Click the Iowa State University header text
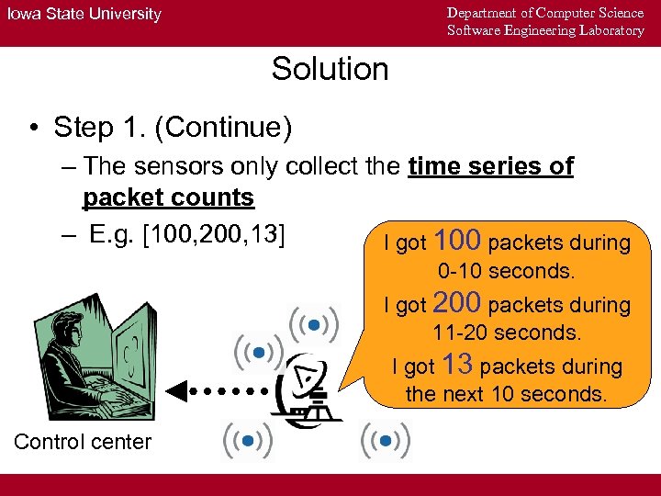(x=84, y=14)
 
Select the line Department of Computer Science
(x=545, y=12)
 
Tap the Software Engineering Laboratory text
(x=545, y=30)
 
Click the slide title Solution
(x=330, y=69)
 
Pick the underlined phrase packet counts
(x=168, y=198)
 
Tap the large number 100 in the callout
(x=457, y=241)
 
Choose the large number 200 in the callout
(x=457, y=302)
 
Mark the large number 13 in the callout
(x=457, y=365)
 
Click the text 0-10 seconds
(x=507, y=272)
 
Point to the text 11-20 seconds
(x=507, y=333)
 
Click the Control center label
(x=83, y=442)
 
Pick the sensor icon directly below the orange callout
(x=386, y=442)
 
